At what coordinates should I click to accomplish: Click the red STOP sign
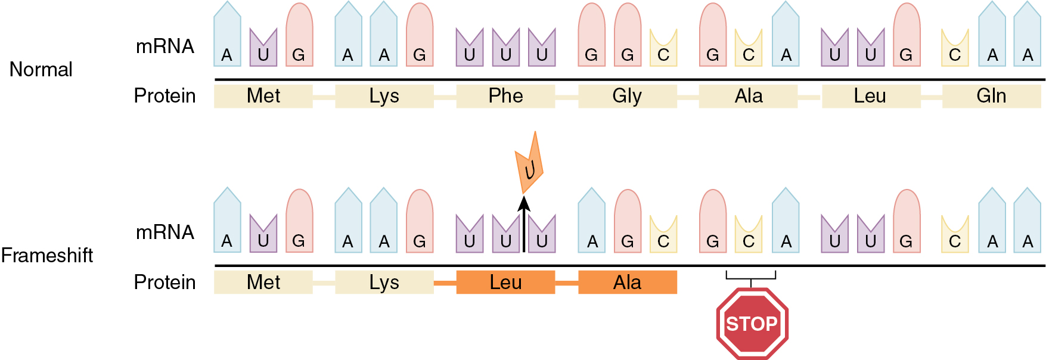click(752, 324)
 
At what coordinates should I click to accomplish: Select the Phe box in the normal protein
click(505, 96)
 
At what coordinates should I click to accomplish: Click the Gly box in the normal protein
click(627, 96)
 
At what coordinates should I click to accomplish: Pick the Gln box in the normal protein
click(991, 96)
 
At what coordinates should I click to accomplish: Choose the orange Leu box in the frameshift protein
click(505, 283)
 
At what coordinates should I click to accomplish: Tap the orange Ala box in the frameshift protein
click(627, 283)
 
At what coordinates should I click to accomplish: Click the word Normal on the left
click(41, 70)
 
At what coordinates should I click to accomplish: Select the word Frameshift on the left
click(47, 256)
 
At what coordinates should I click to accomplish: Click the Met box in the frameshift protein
click(263, 283)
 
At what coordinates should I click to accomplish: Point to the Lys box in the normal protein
click(384, 96)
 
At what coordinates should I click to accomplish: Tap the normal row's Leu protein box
click(870, 96)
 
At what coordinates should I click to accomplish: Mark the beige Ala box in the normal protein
click(749, 96)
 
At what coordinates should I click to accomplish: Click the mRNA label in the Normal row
click(165, 46)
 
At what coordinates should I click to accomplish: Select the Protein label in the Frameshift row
click(164, 283)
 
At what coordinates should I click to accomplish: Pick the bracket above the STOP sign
click(751, 276)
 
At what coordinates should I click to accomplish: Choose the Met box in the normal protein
click(263, 96)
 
